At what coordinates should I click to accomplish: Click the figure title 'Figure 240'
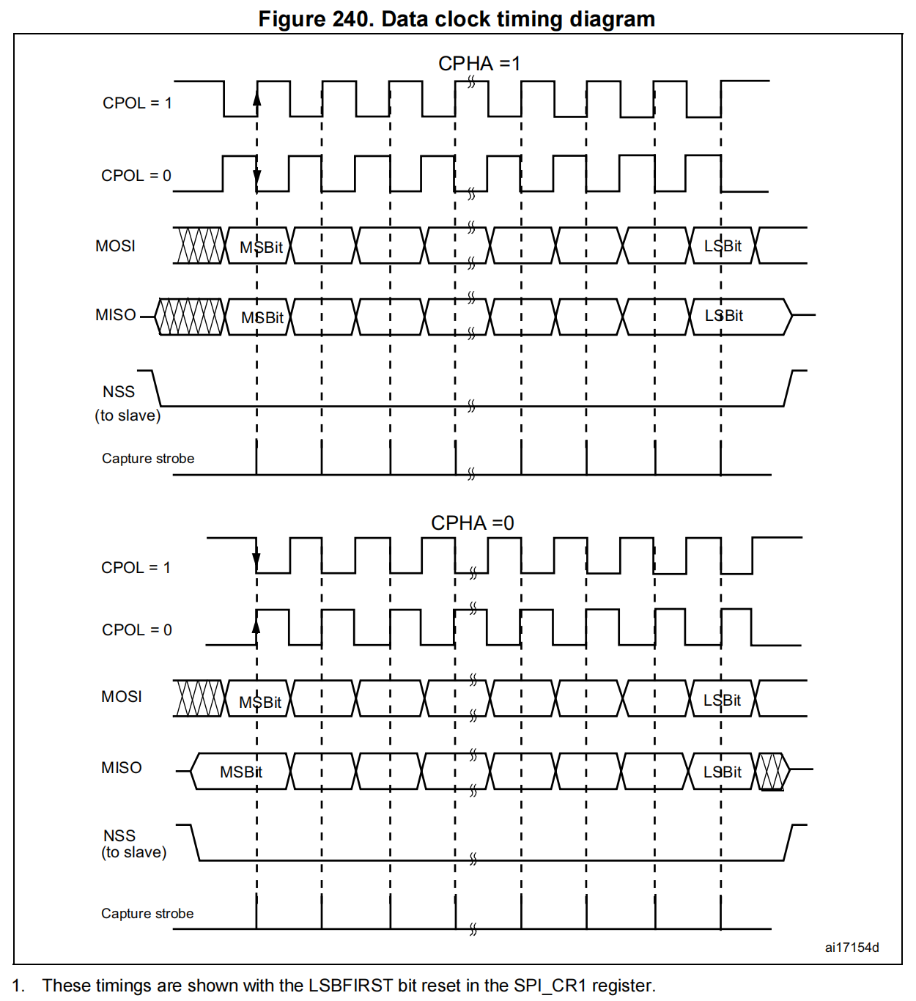point(316,18)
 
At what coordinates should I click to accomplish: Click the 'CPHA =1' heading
point(479,64)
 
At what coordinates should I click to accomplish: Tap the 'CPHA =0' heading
point(472,522)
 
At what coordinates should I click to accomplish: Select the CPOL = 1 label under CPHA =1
point(137,103)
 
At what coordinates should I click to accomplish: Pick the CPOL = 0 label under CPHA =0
point(136,629)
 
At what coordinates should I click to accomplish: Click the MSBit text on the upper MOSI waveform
point(261,247)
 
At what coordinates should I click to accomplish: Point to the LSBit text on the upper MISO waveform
point(723,315)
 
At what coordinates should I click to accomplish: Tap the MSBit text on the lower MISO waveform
point(240,772)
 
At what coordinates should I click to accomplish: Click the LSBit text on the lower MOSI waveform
point(722,700)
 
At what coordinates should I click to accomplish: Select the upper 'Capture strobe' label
point(148,458)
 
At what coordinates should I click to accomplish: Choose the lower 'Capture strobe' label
point(147,913)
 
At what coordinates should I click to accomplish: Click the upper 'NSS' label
point(119,391)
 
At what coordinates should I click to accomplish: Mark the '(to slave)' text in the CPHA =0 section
point(134,852)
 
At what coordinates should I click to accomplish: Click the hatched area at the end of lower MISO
point(771,771)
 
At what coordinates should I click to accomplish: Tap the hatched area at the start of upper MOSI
point(199,245)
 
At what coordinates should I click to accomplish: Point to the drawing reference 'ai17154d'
point(852,947)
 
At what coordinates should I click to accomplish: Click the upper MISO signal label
point(116,314)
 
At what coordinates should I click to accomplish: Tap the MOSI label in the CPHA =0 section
point(122,696)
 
